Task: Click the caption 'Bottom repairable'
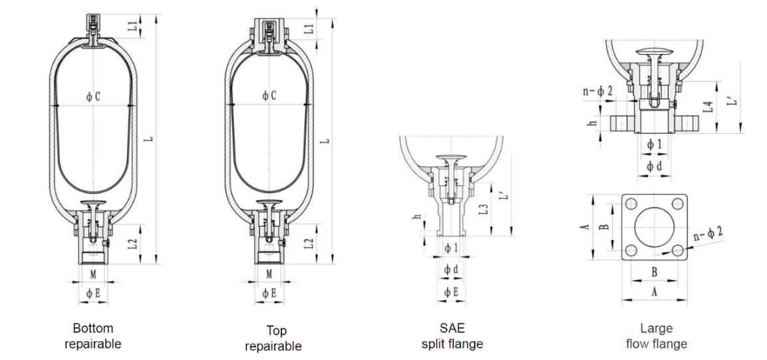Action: [93, 335]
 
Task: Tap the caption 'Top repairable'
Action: [273, 338]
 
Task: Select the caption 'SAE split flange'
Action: [452, 335]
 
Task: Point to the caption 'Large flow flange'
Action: [657, 335]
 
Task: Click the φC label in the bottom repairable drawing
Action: [93, 97]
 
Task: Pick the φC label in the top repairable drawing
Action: [269, 96]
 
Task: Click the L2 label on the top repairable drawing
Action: [309, 243]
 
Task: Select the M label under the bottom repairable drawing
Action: [93, 274]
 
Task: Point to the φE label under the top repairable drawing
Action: [269, 293]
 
